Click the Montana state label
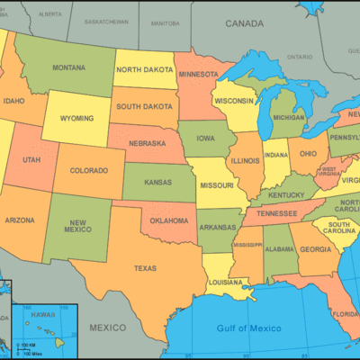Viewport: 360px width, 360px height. tap(68, 67)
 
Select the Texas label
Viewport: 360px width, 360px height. tap(145, 267)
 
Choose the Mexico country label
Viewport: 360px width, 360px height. tap(107, 327)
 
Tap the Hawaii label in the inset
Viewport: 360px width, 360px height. tap(44, 313)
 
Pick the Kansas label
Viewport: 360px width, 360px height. tap(157, 183)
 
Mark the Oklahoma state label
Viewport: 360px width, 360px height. tap(169, 220)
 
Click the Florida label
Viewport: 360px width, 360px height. tap(345, 314)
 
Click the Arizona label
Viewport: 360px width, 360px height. tap(19, 220)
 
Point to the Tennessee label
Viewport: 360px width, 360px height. tap(276, 213)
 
